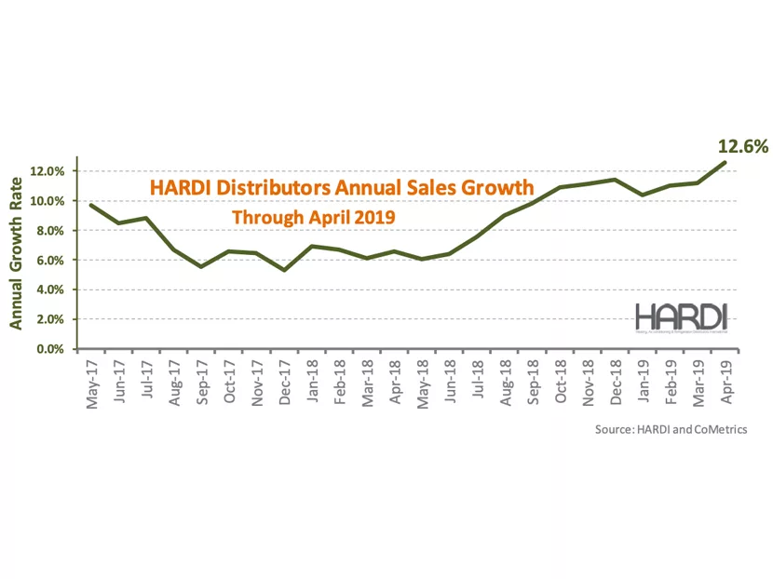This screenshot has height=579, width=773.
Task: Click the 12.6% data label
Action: tap(741, 146)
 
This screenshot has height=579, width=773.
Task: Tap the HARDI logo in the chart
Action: tap(682, 317)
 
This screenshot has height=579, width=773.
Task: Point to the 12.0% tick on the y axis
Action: tap(47, 171)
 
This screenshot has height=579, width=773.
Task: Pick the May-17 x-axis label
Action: tap(90, 384)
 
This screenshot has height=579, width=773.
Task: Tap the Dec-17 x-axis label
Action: tap(285, 384)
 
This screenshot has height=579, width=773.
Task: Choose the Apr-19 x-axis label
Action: tap(726, 384)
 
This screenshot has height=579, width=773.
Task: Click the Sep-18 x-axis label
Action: tap(533, 384)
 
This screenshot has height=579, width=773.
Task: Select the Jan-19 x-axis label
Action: tap(643, 384)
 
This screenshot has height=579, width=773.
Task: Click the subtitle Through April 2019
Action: tap(314, 218)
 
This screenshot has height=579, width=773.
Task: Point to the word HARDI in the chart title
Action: tap(180, 189)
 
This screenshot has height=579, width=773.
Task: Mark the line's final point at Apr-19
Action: tap(726, 162)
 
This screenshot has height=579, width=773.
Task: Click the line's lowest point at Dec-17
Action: tap(284, 270)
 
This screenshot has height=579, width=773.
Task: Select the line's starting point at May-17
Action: tap(90, 205)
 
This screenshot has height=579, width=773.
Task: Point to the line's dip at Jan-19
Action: tap(643, 195)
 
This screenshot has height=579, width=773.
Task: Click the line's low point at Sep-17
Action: tap(201, 267)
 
